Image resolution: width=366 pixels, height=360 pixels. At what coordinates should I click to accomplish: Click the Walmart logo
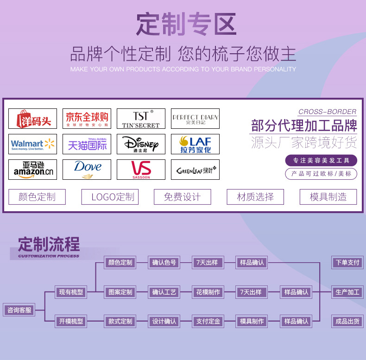(32, 144)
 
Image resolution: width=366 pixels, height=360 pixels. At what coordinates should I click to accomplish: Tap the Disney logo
(141, 144)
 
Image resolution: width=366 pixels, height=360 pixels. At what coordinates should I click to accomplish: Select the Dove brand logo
(87, 170)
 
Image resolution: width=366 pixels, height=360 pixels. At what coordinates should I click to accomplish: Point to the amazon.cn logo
(32, 170)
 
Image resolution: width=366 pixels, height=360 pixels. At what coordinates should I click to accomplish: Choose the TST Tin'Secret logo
(141, 119)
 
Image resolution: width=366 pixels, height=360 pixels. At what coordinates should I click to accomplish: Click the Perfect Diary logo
(195, 119)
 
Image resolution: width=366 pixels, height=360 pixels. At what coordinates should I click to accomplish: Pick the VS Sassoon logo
(141, 170)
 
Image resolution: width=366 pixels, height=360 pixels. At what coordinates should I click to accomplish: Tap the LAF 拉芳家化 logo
(195, 144)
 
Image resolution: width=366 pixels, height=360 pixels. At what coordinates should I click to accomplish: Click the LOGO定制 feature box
(110, 197)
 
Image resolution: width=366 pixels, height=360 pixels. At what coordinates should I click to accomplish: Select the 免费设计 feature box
(183, 197)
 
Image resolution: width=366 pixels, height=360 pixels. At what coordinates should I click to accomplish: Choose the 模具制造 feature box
(328, 197)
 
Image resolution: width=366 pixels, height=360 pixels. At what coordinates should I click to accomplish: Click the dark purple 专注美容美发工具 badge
(321, 160)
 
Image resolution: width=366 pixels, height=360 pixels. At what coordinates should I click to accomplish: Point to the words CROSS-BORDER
(327, 112)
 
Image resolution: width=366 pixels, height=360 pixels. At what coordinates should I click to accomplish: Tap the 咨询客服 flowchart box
(19, 310)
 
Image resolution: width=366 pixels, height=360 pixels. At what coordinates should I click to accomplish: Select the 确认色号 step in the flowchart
(164, 263)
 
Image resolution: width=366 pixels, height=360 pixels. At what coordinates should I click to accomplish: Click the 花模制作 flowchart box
(207, 292)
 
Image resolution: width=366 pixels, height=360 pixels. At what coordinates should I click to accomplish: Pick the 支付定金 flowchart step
(207, 321)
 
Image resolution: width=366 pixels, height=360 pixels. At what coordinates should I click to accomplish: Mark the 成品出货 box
(347, 321)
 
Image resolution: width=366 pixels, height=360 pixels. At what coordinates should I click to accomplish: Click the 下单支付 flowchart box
(347, 263)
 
